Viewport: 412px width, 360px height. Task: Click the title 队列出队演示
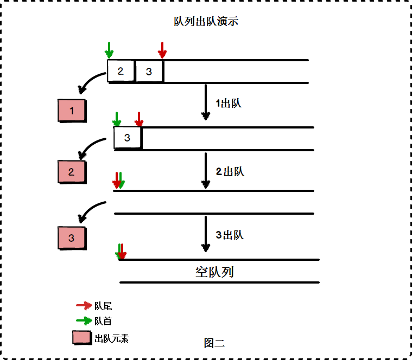[x=206, y=22]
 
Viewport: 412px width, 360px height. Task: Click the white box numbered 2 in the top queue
[x=121, y=71]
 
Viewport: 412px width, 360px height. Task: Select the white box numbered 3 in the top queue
[x=149, y=71]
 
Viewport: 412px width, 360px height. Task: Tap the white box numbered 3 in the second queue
[x=128, y=138]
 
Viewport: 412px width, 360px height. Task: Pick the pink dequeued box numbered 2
[x=72, y=172]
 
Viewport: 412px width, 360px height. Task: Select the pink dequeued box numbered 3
[x=72, y=237]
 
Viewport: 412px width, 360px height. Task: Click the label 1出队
[x=229, y=104]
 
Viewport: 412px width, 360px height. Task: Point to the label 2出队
[x=230, y=172]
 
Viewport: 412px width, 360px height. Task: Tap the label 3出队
[x=230, y=235]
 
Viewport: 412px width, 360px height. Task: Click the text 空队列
[x=214, y=272]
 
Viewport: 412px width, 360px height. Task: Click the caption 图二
[x=214, y=343]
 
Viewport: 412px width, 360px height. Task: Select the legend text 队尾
[x=103, y=306]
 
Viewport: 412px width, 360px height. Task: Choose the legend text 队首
[x=103, y=321]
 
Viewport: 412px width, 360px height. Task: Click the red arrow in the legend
[x=84, y=306]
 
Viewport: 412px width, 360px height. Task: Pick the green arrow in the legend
[x=84, y=320]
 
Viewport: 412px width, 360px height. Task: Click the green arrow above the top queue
[x=109, y=50]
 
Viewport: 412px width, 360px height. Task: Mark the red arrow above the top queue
[x=162, y=50]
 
